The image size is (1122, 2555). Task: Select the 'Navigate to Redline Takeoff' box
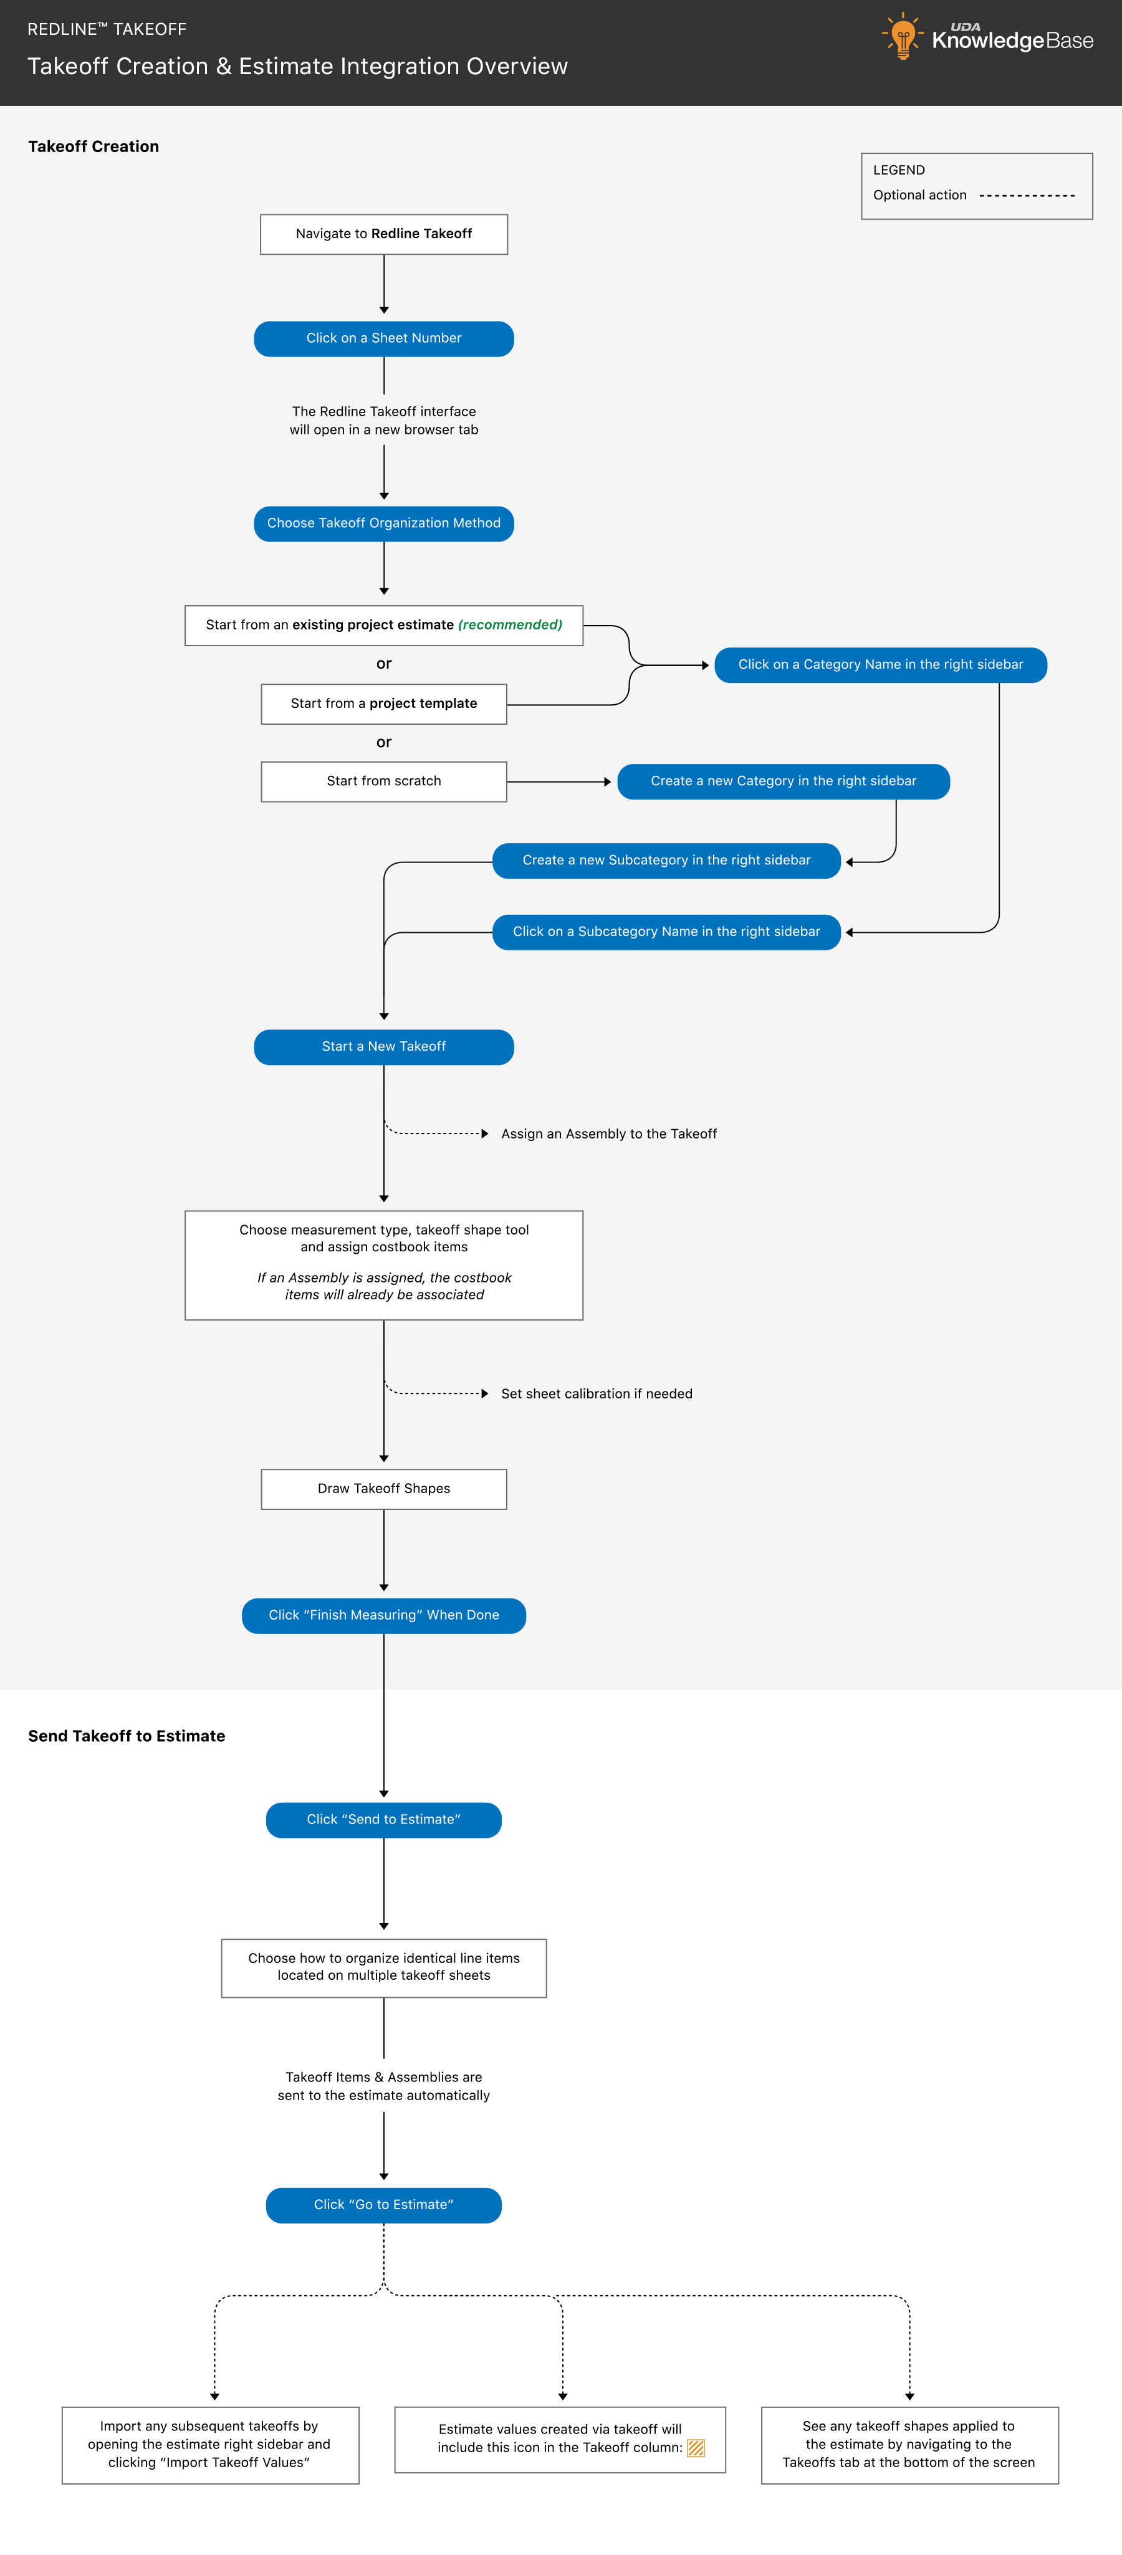click(x=384, y=234)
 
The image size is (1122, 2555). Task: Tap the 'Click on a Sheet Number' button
click(x=384, y=338)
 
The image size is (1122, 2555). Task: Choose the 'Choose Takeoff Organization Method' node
click(x=384, y=523)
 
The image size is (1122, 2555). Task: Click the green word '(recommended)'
click(x=510, y=625)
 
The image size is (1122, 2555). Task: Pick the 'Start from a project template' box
click(x=384, y=704)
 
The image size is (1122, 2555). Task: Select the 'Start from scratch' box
click(x=384, y=781)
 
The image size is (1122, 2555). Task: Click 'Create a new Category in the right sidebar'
click(x=784, y=781)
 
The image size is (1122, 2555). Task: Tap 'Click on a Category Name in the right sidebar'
click(x=881, y=664)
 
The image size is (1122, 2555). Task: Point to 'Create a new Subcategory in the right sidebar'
click(x=666, y=861)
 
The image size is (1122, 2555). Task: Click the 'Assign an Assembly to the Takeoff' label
click(x=609, y=1134)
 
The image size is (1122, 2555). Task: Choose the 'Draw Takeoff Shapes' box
click(x=384, y=1489)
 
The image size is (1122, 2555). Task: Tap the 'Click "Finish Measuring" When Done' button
click(x=384, y=1616)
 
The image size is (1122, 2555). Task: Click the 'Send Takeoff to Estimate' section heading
click(x=127, y=1736)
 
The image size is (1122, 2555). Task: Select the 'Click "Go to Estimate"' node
click(x=384, y=2205)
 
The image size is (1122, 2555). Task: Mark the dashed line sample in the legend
click(x=1027, y=196)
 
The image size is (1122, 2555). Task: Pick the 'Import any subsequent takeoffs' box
click(x=210, y=2445)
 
